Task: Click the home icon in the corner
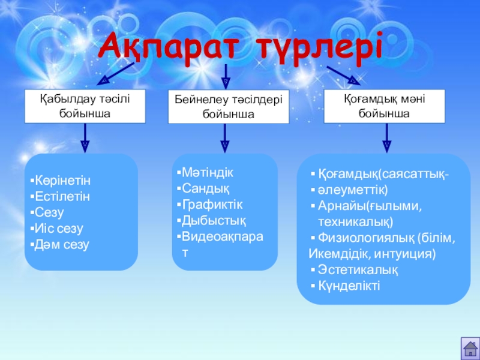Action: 470,349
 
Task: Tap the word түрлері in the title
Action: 320,49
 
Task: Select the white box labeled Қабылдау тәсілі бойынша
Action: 85,106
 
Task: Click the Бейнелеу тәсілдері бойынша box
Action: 229,107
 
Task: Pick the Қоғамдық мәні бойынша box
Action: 384,106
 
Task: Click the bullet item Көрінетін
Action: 63,181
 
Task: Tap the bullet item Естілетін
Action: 62,197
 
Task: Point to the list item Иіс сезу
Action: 59,229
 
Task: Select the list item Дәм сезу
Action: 62,245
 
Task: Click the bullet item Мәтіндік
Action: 207,173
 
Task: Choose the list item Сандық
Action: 205,189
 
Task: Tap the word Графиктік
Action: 212,205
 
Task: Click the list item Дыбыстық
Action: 214,221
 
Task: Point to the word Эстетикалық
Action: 358,270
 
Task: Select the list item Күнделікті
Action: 349,286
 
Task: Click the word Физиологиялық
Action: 365,238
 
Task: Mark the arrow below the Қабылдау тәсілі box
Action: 85,138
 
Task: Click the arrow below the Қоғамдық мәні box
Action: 386,138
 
